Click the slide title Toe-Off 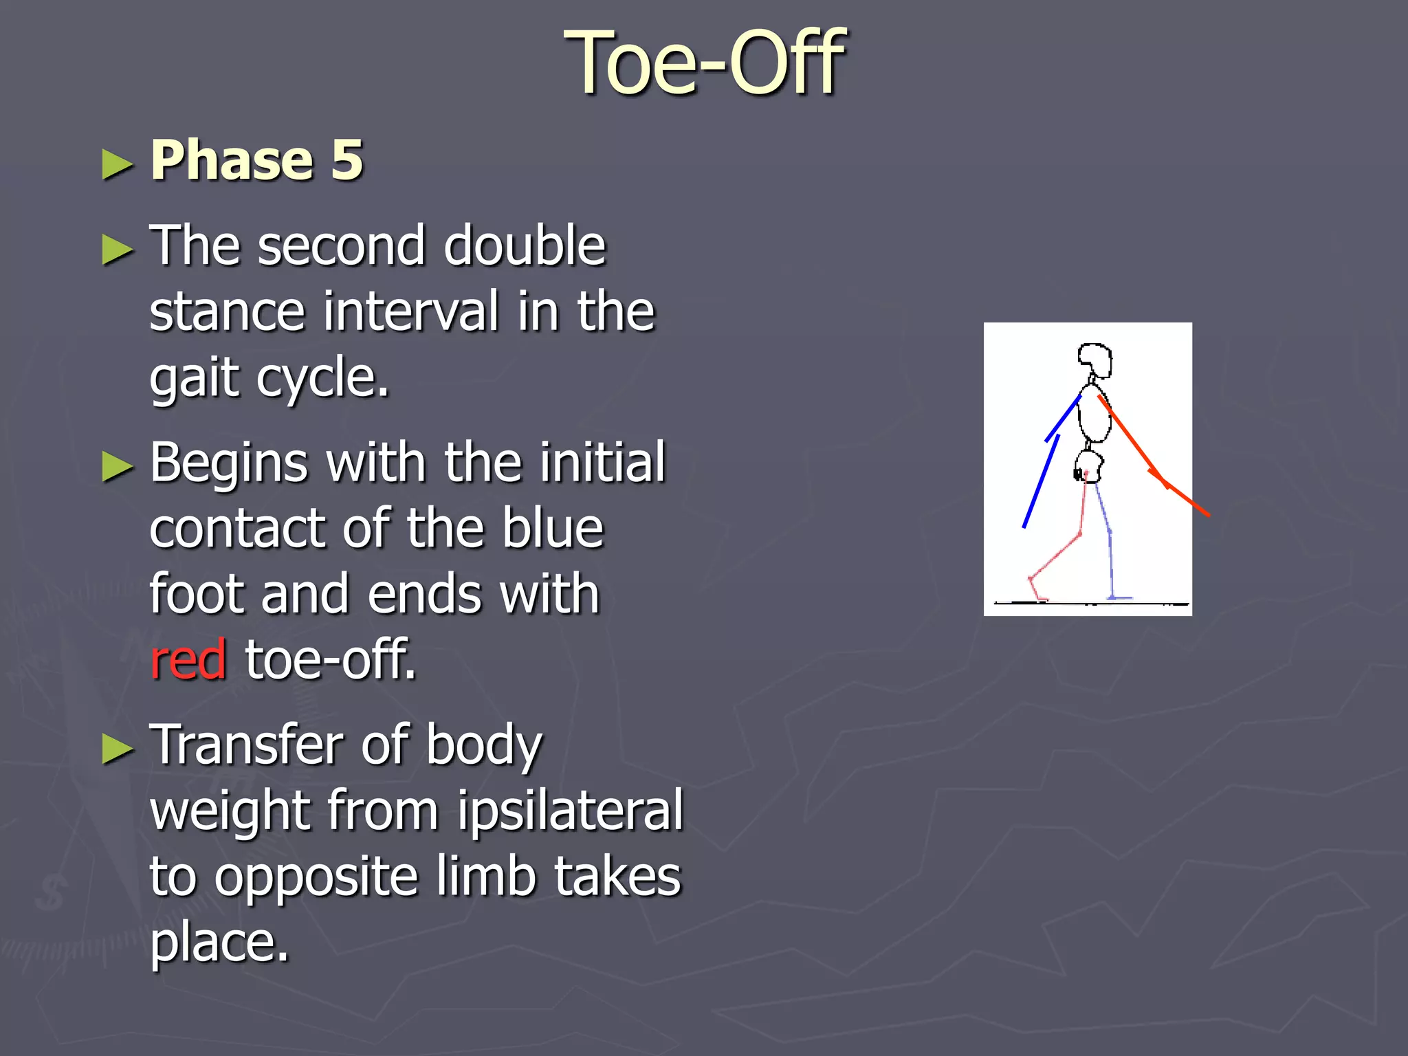[x=704, y=63]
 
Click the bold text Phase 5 [x=256, y=160]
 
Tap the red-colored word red [x=188, y=659]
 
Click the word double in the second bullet [x=525, y=245]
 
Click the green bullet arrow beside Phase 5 [x=117, y=165]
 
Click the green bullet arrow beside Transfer [x=117, y=749]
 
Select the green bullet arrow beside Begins [x=117, y=467]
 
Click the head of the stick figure [x=1094, y=360]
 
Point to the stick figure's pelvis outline [x=1089, y=467]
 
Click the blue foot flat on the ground [x=1120, y=597]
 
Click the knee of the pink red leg [x=1080, y=533]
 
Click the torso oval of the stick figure [x=1094, y=416]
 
